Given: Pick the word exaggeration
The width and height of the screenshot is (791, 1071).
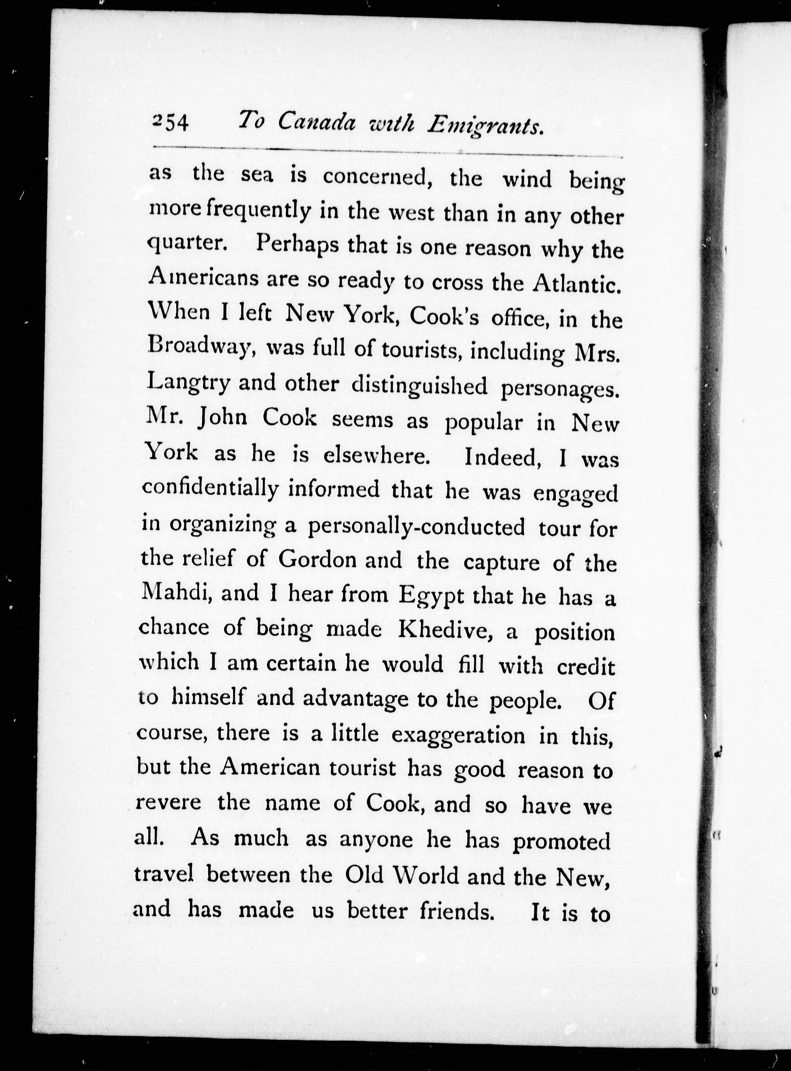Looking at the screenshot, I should pyautogui.click(x=458, y=736).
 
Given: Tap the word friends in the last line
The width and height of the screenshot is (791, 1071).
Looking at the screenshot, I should pyautogui.click(x=456, y=910).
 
